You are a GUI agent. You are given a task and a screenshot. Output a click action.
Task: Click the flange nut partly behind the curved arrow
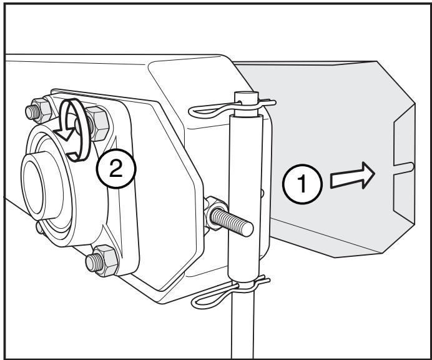pyautogui.click(x=97, y=119)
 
